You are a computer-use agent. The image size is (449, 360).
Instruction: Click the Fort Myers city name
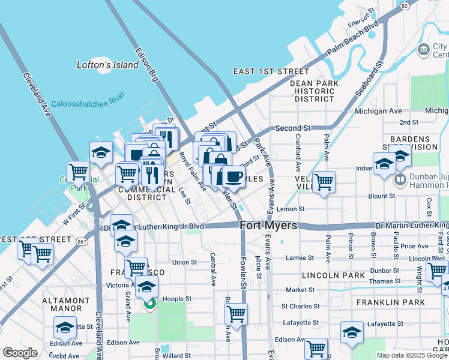click(x=268, y=226)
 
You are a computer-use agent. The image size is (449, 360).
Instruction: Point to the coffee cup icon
click(x=234, y=177)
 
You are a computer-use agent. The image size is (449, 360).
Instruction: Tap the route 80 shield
click(x=405, y=5)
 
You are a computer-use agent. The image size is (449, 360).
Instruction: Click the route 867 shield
click(x=82, y=241)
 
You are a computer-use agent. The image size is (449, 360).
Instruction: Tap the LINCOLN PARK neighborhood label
click(x=334, y=275)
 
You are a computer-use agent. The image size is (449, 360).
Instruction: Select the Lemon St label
click(x=291, y=209)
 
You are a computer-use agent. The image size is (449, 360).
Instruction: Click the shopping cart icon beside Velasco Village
click(x=324, y=182)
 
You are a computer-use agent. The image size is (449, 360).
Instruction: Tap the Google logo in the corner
click(x=20, y=352)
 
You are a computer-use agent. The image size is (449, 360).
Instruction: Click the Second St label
click(x=293, y=128)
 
